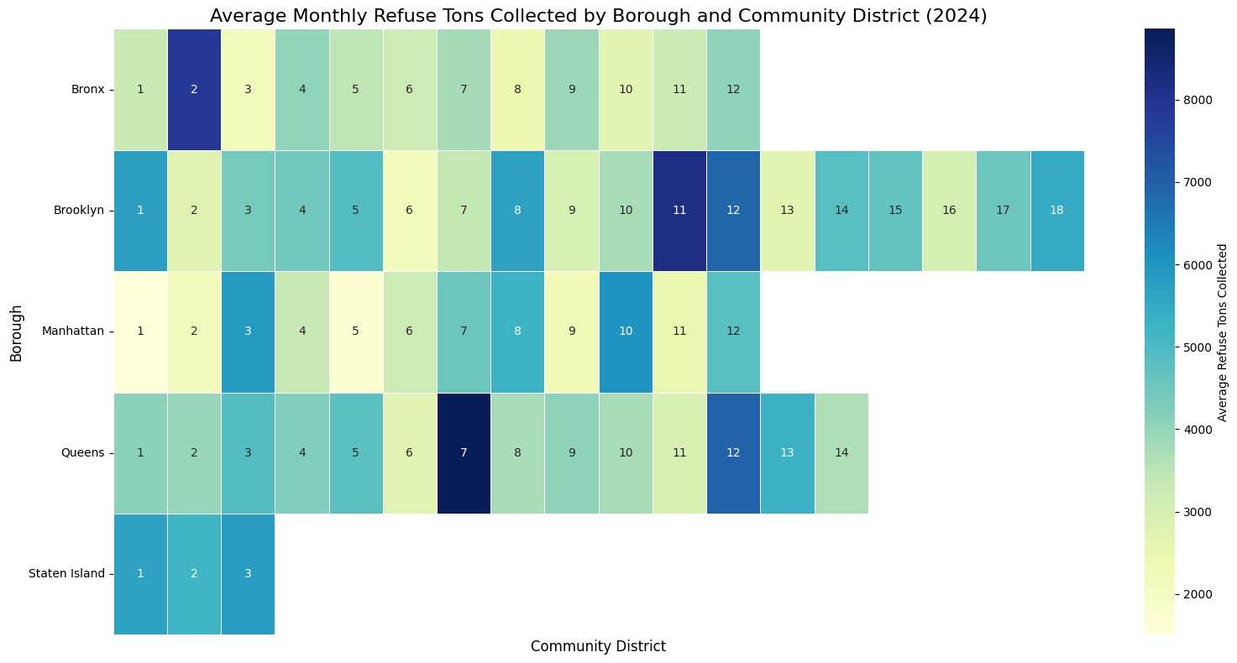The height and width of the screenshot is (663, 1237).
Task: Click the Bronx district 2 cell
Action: (194, 90)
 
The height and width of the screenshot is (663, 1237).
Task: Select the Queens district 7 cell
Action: (464, 453)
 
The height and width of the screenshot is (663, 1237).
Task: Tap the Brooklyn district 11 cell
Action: (679, 211)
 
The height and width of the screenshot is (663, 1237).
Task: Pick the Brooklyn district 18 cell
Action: (1056, 211)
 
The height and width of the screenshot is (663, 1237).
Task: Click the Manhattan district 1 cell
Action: (140, 331)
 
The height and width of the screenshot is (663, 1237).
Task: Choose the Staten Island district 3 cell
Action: (248, 574)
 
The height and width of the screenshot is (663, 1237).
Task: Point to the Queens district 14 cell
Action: (841, 453)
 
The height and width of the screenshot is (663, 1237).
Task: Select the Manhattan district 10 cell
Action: (626, 331)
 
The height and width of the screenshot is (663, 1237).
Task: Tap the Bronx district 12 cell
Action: (733, 90)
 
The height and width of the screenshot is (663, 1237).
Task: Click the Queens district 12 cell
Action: (733, 453)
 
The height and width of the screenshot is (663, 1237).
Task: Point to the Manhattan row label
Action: (73, 331)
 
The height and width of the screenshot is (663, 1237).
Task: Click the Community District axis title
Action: (598, 647)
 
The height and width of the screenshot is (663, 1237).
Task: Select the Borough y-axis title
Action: (17, 331)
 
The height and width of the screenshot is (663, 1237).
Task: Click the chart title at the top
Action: (598, 15)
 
